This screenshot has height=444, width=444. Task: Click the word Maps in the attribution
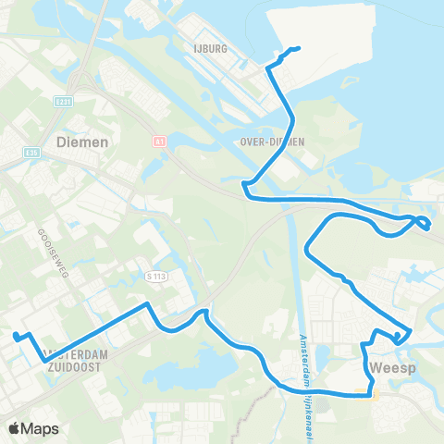point(42,428)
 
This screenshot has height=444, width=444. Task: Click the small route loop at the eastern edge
point(423,223)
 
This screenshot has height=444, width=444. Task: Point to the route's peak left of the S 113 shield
point(146,303)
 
